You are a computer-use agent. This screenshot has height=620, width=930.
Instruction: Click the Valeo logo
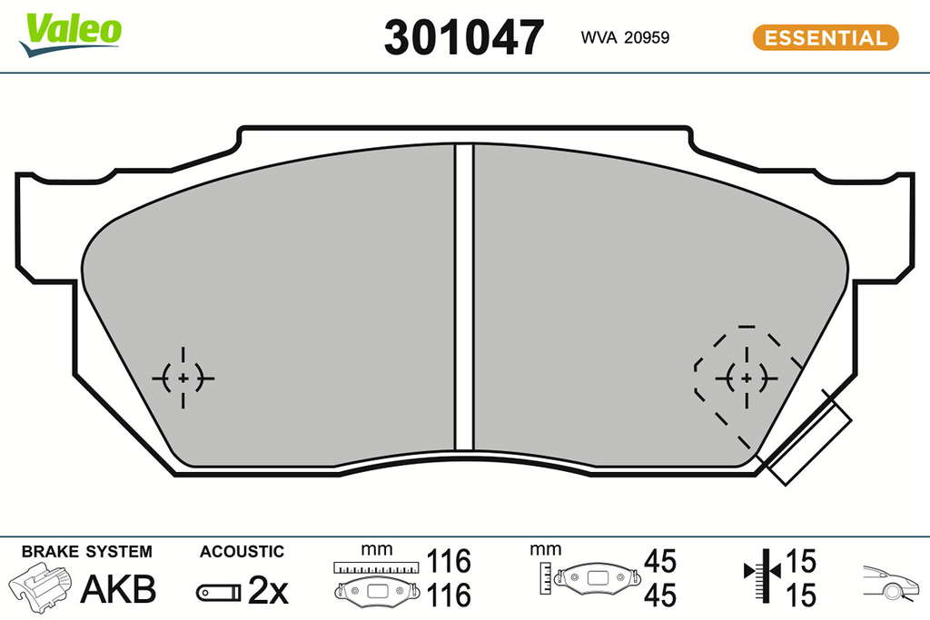pos(70,34)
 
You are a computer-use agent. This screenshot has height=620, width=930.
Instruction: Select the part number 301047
pos(464,37)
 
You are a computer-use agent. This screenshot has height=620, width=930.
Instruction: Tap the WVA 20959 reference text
pos(625,37)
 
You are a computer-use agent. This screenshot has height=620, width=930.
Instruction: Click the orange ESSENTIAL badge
pos(826,37)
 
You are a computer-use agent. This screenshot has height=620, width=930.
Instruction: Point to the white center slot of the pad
pos(464,296)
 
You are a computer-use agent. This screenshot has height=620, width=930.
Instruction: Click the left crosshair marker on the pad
pos(183,378)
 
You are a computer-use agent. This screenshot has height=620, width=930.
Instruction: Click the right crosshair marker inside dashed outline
pos(747,378)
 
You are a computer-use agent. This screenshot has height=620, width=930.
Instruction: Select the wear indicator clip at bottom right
pos(806,438)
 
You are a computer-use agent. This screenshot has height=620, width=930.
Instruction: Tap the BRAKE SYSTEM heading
pos(87,551)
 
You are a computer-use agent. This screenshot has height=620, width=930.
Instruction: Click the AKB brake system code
pos(118,589)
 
